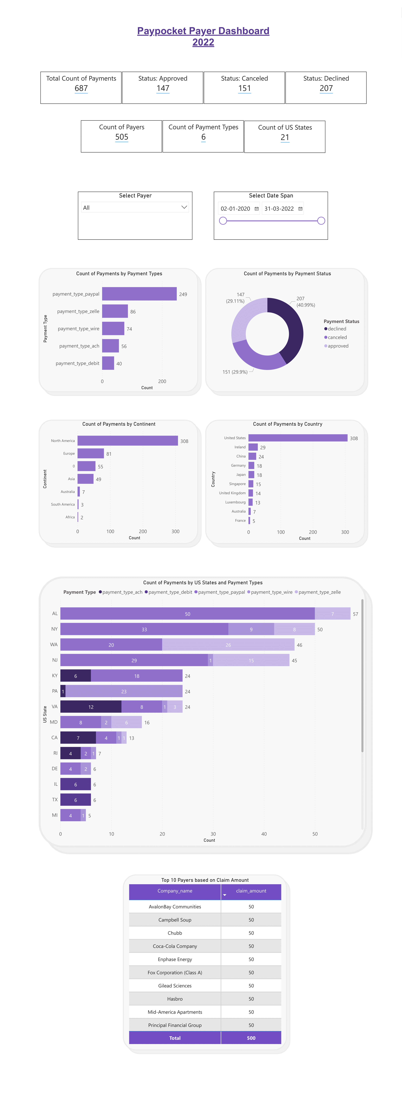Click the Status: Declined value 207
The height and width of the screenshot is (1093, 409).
pos(326,88)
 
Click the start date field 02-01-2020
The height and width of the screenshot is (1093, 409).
pos(235,209)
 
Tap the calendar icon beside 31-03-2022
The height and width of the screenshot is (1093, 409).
pos(300,209)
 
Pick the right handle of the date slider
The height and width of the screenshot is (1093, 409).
pos(321,221)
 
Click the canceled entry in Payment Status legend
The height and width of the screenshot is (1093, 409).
pos(337,337)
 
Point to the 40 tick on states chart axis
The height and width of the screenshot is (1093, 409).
pos(264,834)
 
